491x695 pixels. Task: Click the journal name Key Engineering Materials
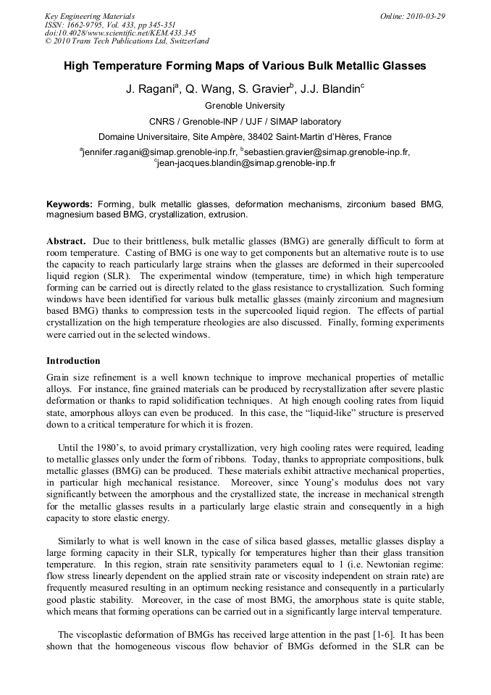coord(90,16)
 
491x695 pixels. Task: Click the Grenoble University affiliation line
coord(245,106)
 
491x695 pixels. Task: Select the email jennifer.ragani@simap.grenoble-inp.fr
coord(160,152)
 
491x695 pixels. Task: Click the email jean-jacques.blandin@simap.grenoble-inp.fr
coord(246,164)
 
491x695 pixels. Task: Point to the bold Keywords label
coord(70,204)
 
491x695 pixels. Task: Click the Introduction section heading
coord(73,360)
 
